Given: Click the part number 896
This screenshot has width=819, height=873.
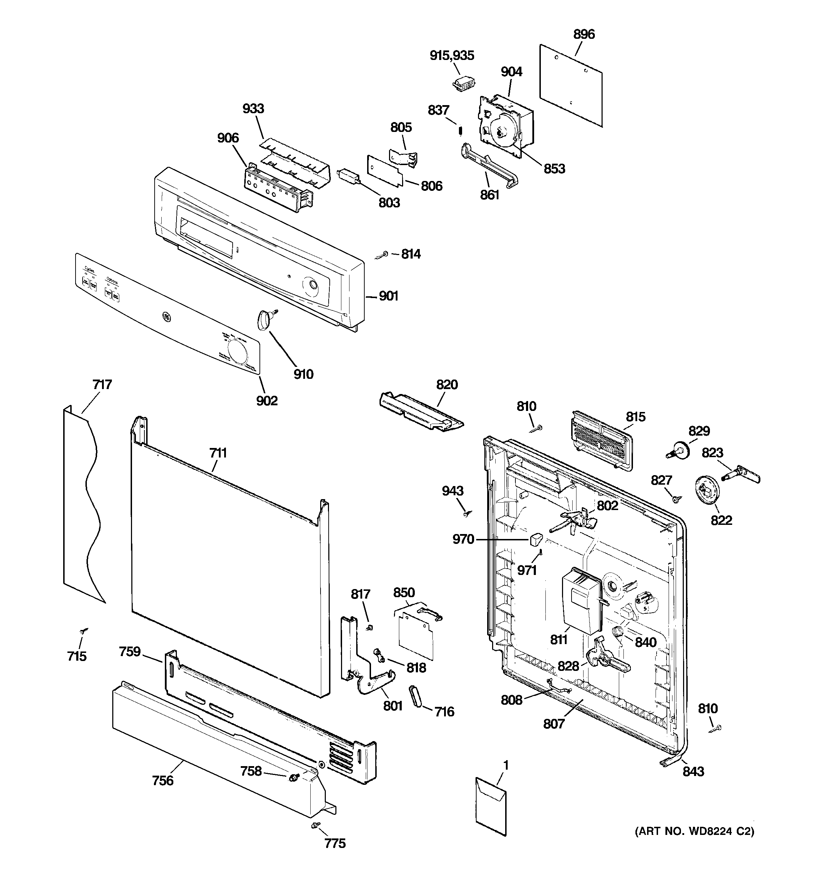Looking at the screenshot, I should [x=584, y=34].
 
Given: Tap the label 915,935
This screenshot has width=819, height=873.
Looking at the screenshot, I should [x=452, y=55].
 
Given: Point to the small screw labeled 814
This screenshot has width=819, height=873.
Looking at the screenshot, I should [x=382, y=255].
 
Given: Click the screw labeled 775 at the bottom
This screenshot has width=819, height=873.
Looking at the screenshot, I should [x=315, y=826].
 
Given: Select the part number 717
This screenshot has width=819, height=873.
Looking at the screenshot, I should [x=102, y=385].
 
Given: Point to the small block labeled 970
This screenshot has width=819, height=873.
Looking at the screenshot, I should [x=536, y=539].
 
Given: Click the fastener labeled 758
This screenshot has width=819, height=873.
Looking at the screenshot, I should [x=293, y=778].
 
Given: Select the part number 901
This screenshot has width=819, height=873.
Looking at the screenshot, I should [x=389, y=296].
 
